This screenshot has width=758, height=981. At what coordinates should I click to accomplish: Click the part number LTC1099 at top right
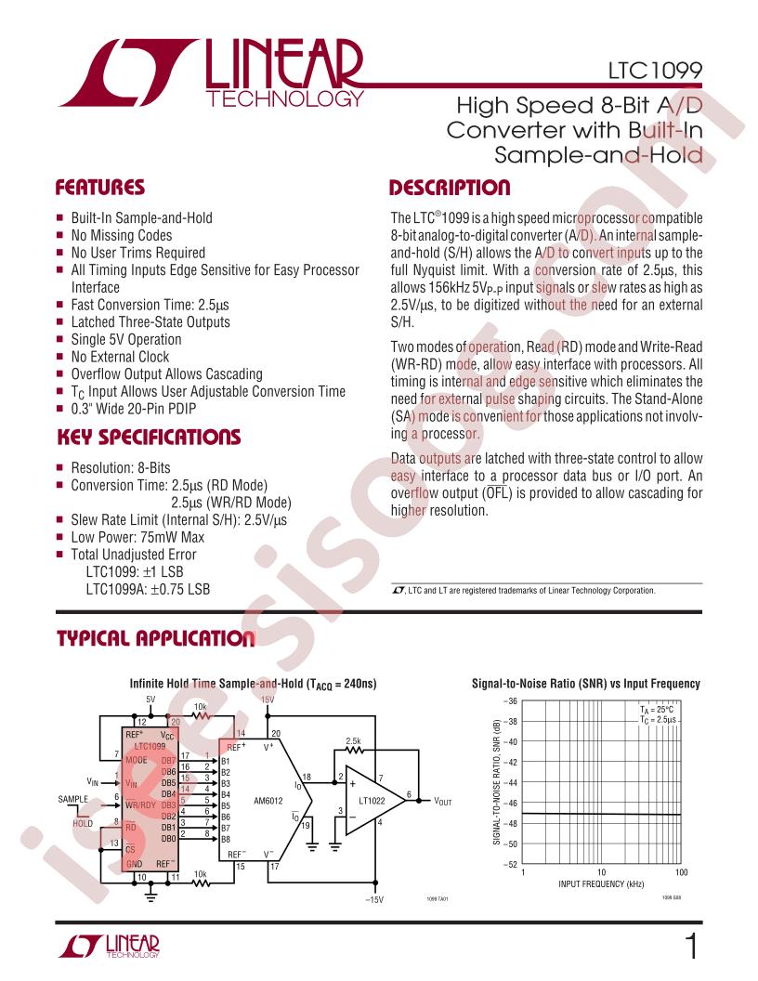pos(660,70)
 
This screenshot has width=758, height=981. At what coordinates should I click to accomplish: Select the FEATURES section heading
pos(101,188)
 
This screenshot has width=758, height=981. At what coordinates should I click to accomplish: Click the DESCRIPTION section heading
pos(450,188)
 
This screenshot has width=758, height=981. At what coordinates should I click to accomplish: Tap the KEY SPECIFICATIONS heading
pos(149,437)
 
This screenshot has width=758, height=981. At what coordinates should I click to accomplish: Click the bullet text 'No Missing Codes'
pos(122,235)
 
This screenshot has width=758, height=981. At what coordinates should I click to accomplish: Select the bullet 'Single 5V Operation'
pos(126,339)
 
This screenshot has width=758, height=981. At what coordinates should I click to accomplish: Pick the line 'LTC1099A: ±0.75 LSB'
pos(148,589)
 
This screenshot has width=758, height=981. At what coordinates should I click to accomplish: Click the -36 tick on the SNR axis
pos(510,701)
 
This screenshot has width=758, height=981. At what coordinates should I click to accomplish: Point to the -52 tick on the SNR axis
pos(510,865)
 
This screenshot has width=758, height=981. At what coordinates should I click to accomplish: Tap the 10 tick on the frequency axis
pos(602,873)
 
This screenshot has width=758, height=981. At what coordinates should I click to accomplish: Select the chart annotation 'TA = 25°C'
pos(660,709)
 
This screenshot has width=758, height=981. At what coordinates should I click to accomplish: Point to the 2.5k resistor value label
pos(353,740)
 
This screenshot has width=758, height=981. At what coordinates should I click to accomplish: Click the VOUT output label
pos(443,800)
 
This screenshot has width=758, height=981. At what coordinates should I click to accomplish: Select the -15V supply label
pos(374,899)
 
